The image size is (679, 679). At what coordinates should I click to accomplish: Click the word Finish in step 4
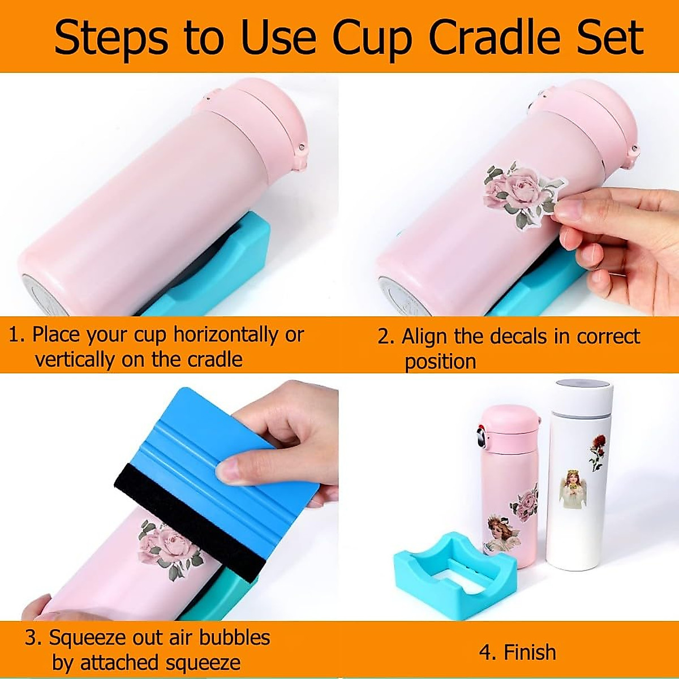[x=530, y=652]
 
